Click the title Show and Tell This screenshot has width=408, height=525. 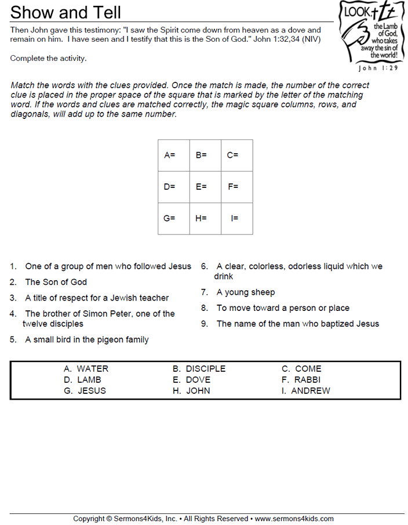click(66, 12)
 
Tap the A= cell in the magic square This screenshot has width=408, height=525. click(173, 155)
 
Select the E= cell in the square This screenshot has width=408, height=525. click(205, 187)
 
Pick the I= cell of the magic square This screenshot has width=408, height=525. click(236, 219)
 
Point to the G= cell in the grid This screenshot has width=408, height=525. click(173, 219)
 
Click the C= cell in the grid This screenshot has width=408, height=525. click(236, 155)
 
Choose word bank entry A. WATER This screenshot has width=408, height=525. click(86, 369)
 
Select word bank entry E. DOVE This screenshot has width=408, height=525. click(191, 380)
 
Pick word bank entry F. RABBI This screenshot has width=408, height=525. click(301, 380)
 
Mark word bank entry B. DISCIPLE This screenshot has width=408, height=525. click(199, 369)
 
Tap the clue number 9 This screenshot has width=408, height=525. click(205, 324)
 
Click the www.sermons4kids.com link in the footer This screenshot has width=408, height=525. click(294, 519)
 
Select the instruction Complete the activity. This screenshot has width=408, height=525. click(49, 59)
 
